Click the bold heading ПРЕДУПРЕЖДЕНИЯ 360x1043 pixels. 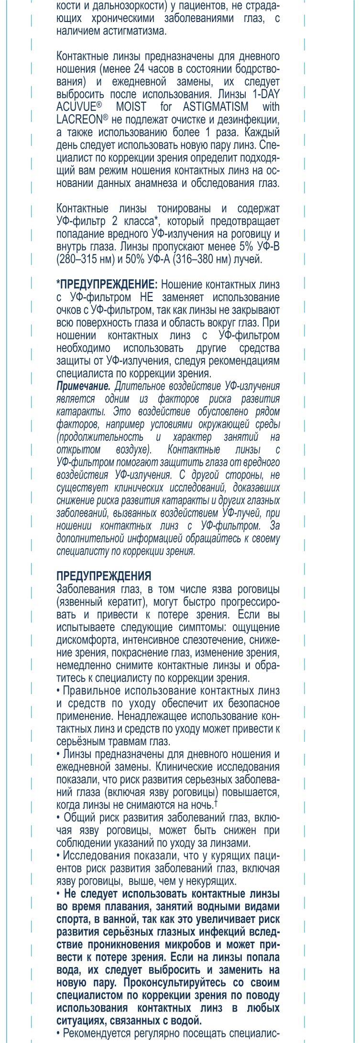[104, 576]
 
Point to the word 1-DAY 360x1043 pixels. [266, 94]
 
